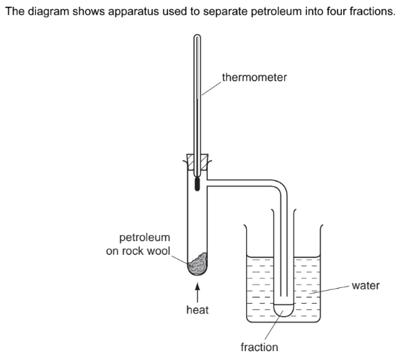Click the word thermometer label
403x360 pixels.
coord(254,77)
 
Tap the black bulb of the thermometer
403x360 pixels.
coord(197,184)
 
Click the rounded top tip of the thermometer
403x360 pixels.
coord(197,35)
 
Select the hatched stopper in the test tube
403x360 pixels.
coord(197,162)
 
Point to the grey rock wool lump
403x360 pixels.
coord(198,264)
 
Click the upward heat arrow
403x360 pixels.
coord(197,293)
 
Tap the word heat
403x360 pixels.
coord(197,310)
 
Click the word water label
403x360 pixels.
coord(366,285)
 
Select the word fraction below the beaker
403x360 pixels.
coord(260,347)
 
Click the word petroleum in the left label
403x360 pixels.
coord(145,238)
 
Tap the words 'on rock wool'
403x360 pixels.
coord(138,251)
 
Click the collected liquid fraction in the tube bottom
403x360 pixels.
coord(283,310)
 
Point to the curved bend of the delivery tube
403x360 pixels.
coord(281,185)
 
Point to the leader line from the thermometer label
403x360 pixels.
coord(211,89)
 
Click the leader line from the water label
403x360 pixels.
coord(330,289)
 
